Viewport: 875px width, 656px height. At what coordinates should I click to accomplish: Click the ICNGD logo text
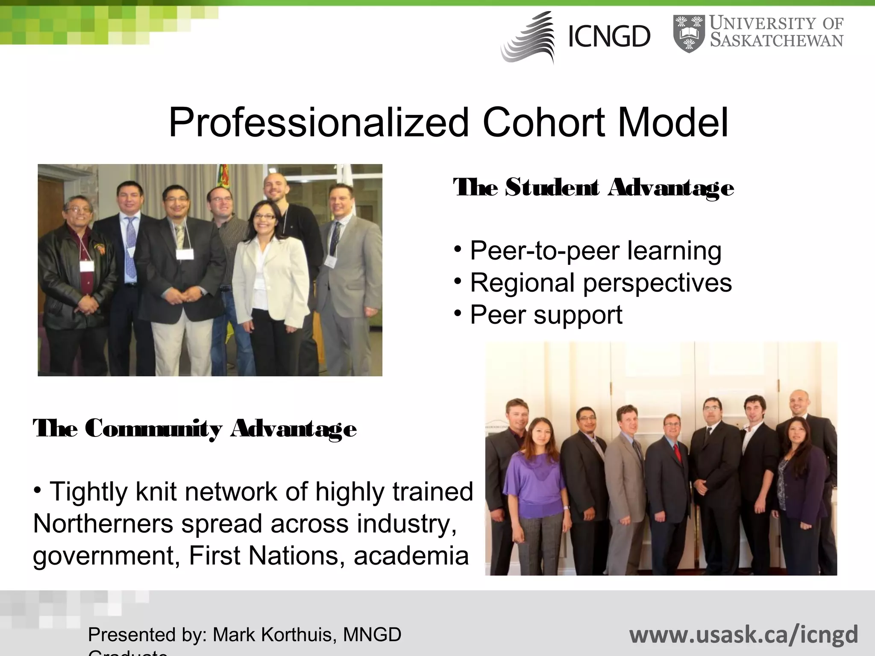pos(609,36)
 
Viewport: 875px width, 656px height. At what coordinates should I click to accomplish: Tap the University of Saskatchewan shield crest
pos(689,33)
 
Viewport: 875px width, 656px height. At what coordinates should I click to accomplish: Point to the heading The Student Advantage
pos(593,188)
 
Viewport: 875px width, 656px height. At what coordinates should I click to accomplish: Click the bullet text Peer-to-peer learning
pos(596,251)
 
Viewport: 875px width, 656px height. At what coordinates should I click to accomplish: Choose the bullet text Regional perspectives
pos(601,283)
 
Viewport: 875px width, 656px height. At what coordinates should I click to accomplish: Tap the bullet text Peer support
pos(546,315)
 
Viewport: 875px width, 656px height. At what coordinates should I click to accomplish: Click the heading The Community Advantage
pos(195,428)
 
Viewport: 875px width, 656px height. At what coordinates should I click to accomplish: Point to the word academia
pos(411,556)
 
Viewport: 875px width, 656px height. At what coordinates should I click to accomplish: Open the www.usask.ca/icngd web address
pos(743,635)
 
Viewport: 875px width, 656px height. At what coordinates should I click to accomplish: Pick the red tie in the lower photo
pos(677,453)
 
